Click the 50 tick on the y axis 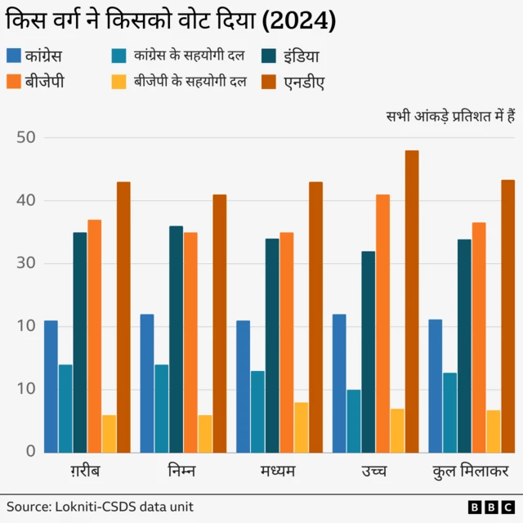tap(26, 137)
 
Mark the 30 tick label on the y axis tap(26, 263)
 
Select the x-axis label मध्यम tap(279, 472)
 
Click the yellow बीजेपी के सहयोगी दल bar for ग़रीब tap(109, 433)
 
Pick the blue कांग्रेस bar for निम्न tap(147, 382)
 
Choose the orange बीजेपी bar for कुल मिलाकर tap(479, 337)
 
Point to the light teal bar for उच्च tap(354, 420)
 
